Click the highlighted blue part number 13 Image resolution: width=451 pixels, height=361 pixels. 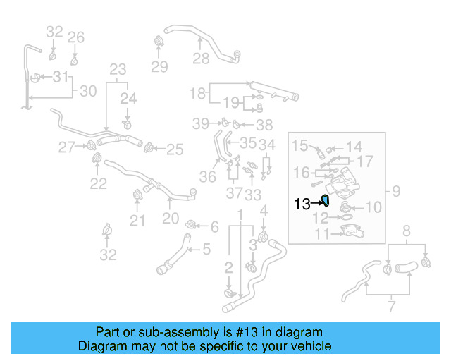tap(326, 201)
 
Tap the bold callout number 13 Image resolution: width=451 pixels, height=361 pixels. tap(302, 204)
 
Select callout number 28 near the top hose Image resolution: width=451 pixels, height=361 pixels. tap(202, 58)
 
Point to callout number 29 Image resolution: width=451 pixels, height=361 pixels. tap(160, 67)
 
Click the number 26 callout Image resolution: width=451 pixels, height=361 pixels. tap(76, 37)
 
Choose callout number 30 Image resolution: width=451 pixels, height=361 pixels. tap(87, 91)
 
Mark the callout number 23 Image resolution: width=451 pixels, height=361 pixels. tap(118, 69)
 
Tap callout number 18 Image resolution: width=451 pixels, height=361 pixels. tap(197, 92)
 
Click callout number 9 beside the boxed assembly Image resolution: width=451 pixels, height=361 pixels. tap(396, 190)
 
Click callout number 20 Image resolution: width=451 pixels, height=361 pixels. tap(171, 219)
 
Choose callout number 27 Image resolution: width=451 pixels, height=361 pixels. tap(66, 147)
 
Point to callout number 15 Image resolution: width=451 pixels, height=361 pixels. tap(300, 146)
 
